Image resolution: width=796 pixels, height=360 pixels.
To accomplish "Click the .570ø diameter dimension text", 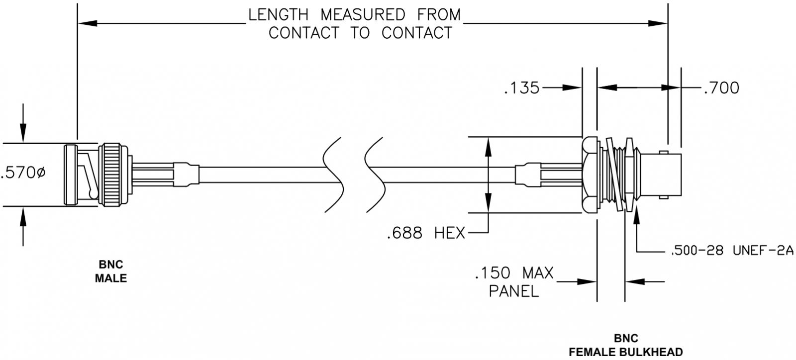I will (23, 174).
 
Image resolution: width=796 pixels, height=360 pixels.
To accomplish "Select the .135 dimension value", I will (521, 88).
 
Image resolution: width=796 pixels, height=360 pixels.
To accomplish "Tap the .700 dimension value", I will (721, 88).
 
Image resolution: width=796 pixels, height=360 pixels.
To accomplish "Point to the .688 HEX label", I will (425, 232).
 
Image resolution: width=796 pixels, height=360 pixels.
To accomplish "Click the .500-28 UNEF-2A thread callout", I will (730, 252).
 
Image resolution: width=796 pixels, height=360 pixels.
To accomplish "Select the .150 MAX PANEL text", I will (514, 281).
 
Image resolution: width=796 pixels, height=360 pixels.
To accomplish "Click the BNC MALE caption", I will (110, 271).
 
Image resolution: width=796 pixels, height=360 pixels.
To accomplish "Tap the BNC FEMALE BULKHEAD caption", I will (625, 346).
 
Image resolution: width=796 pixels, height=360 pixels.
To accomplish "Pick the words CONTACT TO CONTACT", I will (360, 33).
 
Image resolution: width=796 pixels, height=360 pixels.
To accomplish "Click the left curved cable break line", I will (332, 174).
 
